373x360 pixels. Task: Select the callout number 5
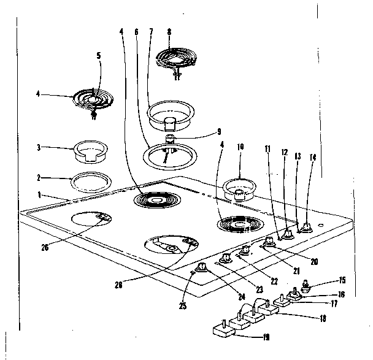coord(99,55)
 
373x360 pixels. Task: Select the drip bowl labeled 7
coord(170,114)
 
